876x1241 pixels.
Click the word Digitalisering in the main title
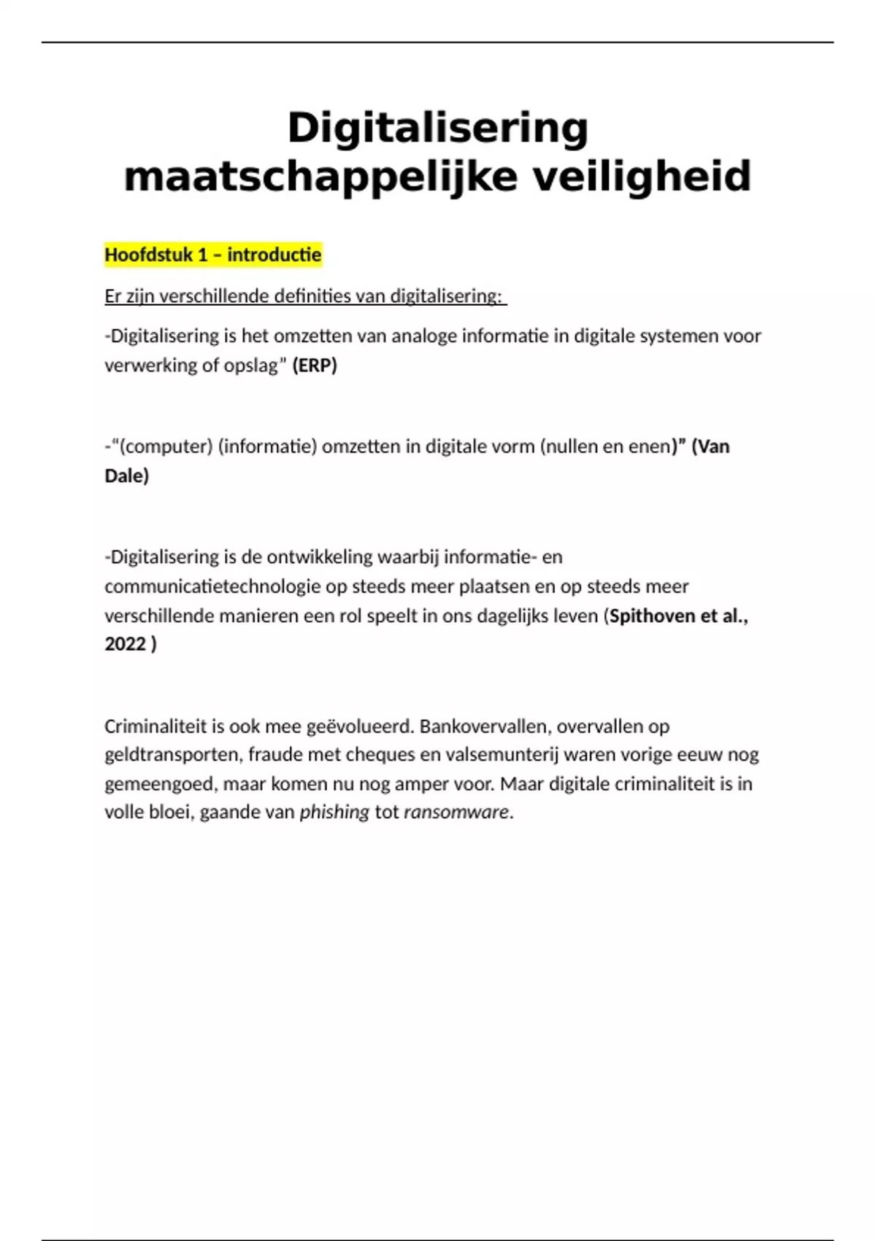click(438, 128)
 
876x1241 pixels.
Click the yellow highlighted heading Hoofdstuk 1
click(212, 255)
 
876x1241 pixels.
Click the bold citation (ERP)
click(315, 365)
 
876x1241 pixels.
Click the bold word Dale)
click(127, 476)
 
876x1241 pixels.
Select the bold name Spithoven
click(653, 615)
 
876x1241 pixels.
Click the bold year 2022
click(126, 644)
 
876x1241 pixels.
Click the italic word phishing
click(334, 812)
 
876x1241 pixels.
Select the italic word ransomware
click(456, 812)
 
